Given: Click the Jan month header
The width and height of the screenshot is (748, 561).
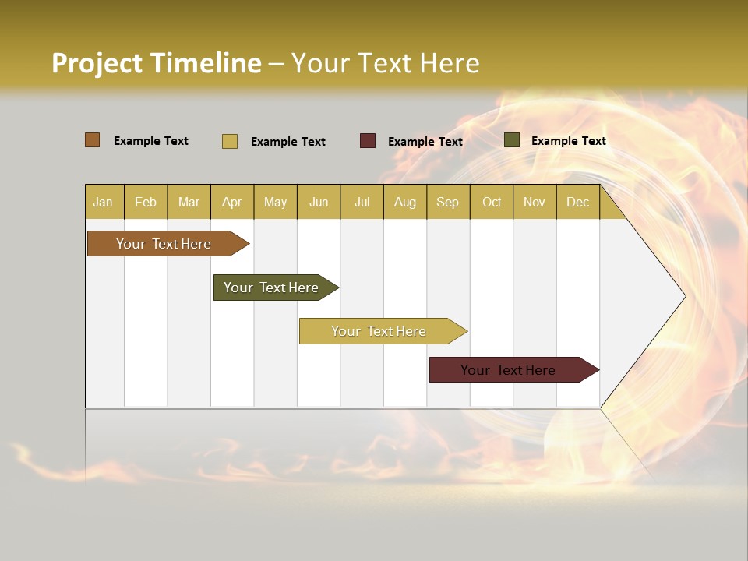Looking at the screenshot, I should [x=103, y=202].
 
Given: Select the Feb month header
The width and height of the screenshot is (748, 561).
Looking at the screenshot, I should [x=146, y=202].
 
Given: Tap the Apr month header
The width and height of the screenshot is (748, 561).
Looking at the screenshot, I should [x=232, y=202].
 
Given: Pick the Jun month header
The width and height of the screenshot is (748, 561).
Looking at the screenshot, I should [x=319, y=202].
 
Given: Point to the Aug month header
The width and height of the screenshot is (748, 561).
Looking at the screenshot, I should [x=405, y=202].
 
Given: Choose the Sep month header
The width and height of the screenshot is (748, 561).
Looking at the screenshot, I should [x=447, y=202].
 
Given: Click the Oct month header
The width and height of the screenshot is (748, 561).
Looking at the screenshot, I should [x=492, y=202].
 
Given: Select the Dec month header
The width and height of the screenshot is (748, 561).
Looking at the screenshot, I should [x=577, y=202].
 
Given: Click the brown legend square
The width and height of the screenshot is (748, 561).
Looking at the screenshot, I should [x=93, y=140].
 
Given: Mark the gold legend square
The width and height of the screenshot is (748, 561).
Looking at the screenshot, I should [x=230, y=141].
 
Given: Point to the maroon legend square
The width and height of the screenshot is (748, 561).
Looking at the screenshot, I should [x=368, y=141].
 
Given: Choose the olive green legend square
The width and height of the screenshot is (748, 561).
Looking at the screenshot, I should [x=512, y=140].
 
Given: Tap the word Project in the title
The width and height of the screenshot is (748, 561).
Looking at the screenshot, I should [x=97, y=63].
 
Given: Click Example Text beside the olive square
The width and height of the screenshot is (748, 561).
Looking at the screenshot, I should [x=568, y=141].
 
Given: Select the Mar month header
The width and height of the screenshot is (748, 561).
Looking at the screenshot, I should [x=189, y=202].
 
